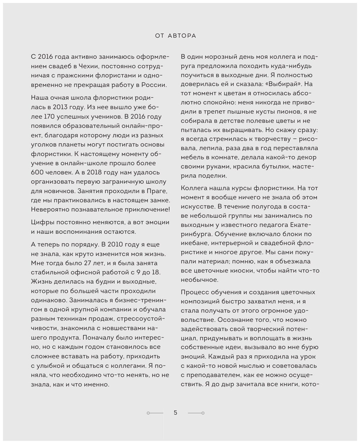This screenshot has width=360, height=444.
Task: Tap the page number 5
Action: [175, 413]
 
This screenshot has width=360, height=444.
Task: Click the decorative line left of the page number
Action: [155, 413]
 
